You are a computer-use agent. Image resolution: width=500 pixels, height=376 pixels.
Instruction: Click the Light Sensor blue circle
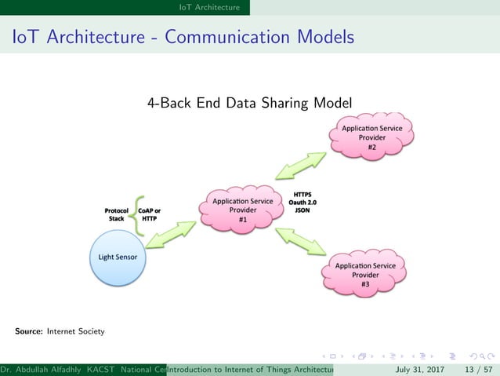click(x=118, y=257)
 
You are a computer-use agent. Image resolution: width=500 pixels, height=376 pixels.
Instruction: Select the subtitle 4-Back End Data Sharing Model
click(x=249, y=103)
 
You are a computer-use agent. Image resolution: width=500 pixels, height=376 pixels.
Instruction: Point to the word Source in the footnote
click(x=28, y=332)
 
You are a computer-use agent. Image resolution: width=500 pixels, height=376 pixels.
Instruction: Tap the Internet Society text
click(x=75, y=332)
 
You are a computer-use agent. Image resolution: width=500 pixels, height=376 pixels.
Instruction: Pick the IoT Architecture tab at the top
click(x=208, y=7)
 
